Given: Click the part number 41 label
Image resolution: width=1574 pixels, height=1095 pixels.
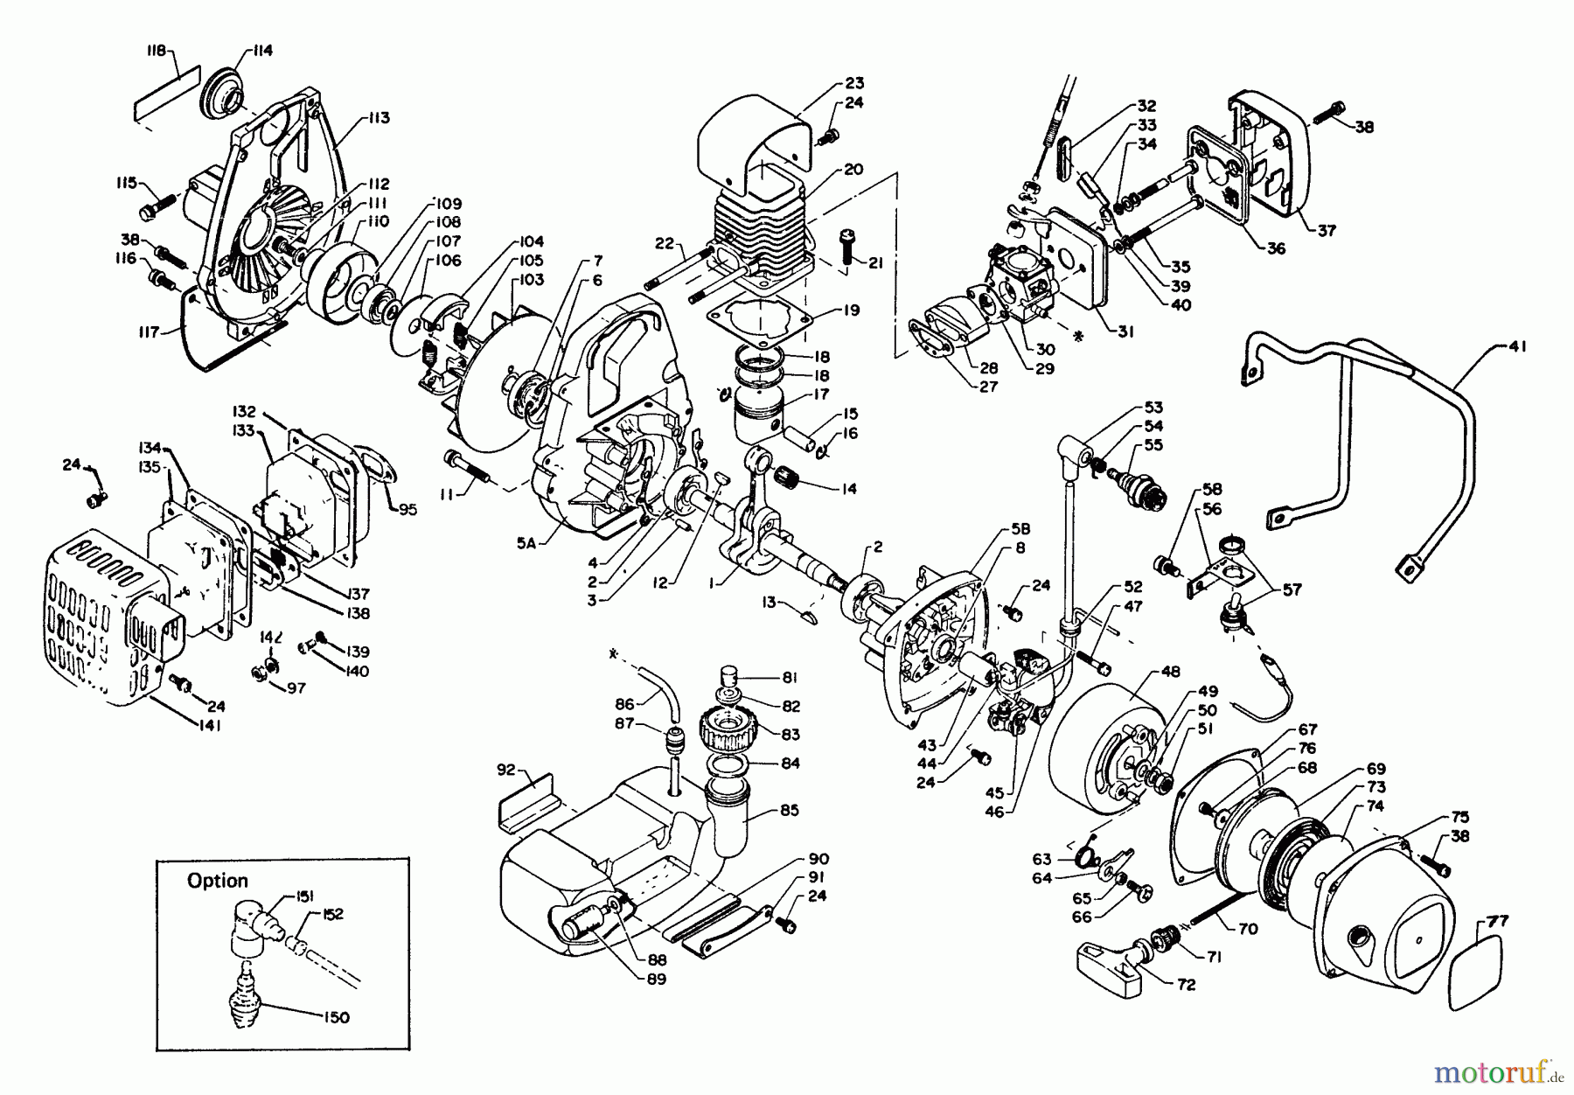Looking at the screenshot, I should (x=1517, y=347).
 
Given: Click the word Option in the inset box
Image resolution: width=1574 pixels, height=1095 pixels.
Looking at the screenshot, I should (x=218, y=881).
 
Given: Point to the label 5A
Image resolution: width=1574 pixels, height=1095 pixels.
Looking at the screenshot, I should (x=526, y=541).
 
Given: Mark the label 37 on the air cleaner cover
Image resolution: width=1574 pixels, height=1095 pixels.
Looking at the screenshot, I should (x=1327, y=231).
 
